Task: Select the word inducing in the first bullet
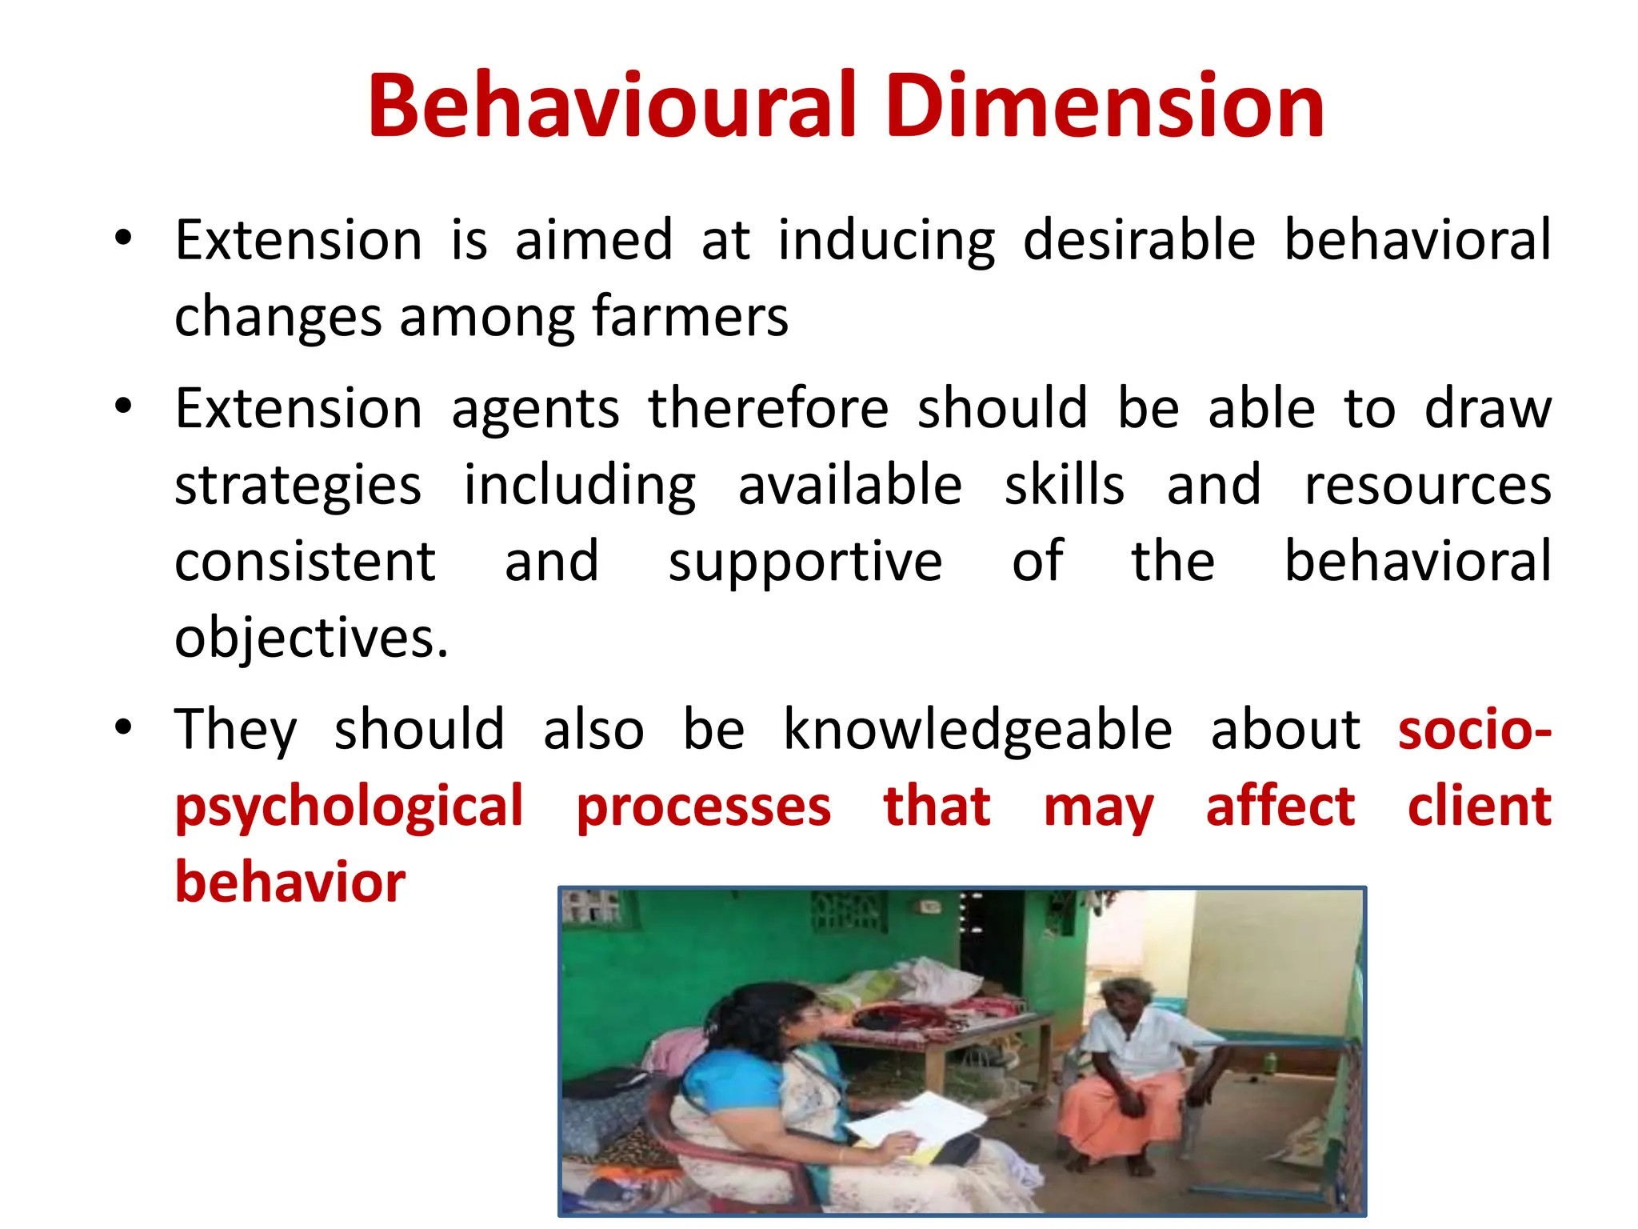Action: (x=886, y=242)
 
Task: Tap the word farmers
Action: (x=689, y=317)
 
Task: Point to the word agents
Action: (x=535, y=410)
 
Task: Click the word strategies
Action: (x=298, y=486)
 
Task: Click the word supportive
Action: (x=805, y=563)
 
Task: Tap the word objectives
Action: (x=310, y=639)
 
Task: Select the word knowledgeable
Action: (x=977, y=731)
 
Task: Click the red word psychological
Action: (x=349, y=808)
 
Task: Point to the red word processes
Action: (x=703, y=808)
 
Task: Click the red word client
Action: (x=1479, y=807)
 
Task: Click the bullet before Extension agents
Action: (x=122, y=406)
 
